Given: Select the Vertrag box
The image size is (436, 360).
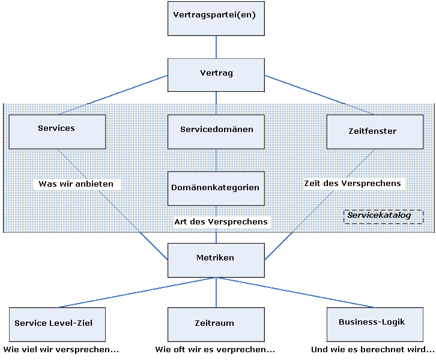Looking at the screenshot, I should (216, 74).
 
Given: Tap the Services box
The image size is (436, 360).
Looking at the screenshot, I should (57, 131).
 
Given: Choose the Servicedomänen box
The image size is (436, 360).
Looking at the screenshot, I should (216, 131).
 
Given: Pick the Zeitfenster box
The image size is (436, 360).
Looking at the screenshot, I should (374, 131).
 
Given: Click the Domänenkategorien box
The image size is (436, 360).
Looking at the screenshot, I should (216, 188).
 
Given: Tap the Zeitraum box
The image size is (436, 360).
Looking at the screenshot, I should (216, 324).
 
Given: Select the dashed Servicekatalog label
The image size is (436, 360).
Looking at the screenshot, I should (383, 217).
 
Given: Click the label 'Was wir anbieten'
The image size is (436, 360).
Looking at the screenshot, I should (76, 184).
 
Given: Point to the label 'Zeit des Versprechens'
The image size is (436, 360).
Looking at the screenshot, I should (353, 184).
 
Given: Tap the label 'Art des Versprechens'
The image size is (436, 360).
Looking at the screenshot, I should (221, 222).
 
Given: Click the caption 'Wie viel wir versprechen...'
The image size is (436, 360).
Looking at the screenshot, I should (61, 349).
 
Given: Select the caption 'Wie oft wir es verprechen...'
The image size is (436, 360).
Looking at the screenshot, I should (215, 349).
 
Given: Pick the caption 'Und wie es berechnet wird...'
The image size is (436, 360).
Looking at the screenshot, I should (372, 349).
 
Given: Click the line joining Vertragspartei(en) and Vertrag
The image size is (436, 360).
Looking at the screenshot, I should (216, 47).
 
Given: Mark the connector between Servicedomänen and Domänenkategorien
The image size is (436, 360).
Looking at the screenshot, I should (216, 160).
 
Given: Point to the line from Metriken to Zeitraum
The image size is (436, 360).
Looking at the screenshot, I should (216, 292).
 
